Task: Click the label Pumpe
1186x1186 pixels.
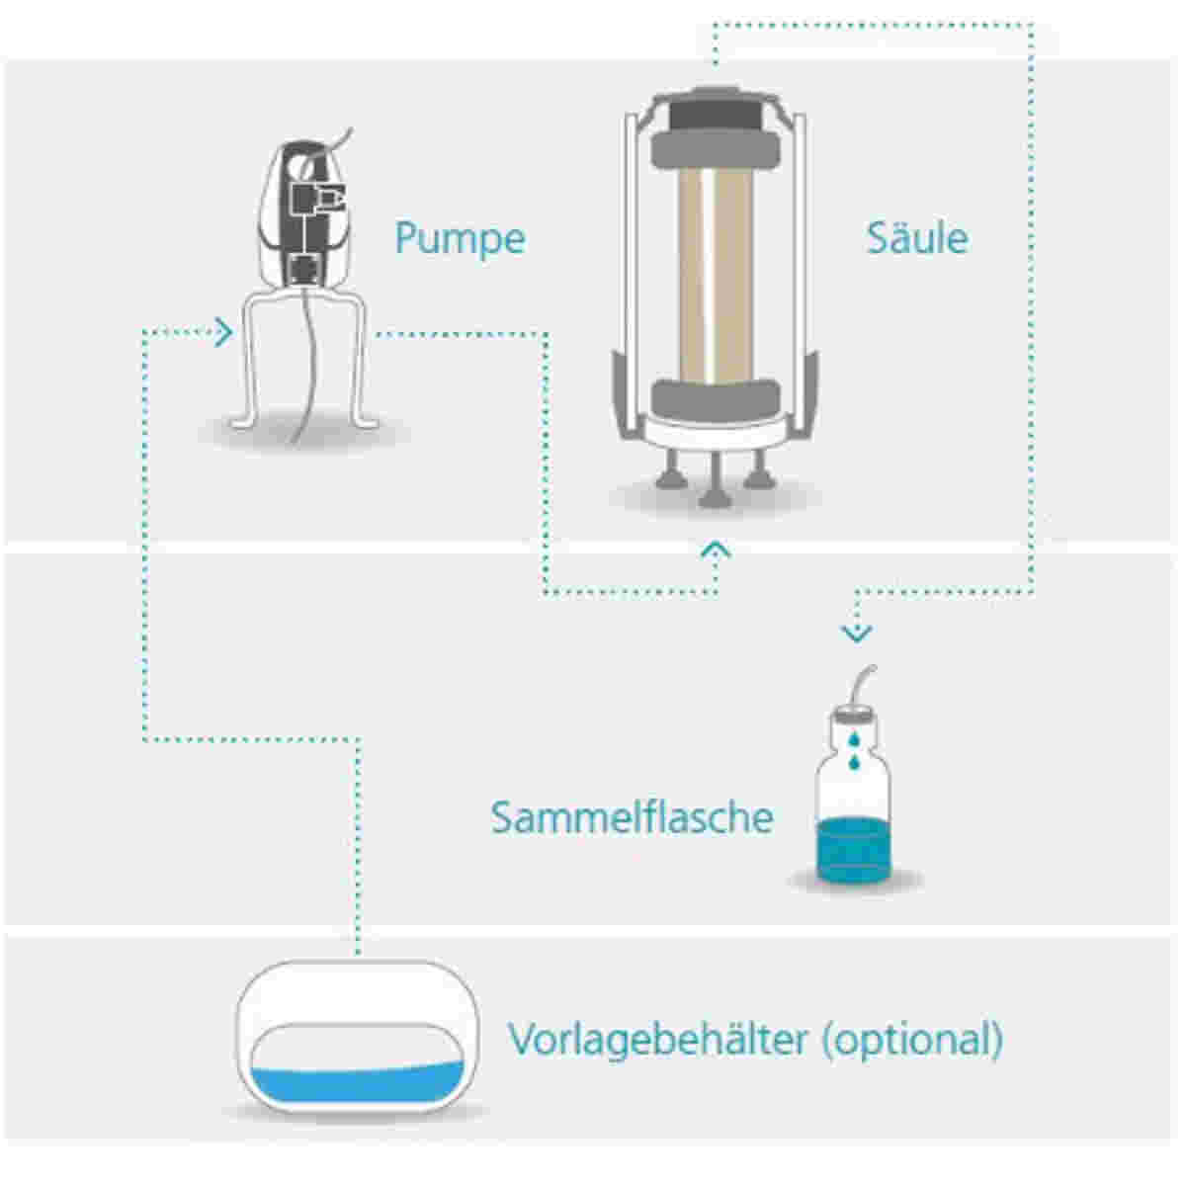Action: point(460,239)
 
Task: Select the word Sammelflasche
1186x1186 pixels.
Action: point(633,817)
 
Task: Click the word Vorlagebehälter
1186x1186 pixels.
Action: point(657,1040)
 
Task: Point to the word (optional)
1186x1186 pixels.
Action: point(913,1040)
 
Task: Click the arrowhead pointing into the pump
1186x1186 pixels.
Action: point(224,333)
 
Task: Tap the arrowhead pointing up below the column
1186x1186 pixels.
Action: point(716,550)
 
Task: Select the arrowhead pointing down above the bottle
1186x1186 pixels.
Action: point(857,634)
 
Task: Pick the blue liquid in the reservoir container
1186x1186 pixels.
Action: point(357,1083)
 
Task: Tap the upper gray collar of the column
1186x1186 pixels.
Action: point(716,149)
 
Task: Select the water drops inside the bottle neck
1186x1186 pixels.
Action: point(853,751)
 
